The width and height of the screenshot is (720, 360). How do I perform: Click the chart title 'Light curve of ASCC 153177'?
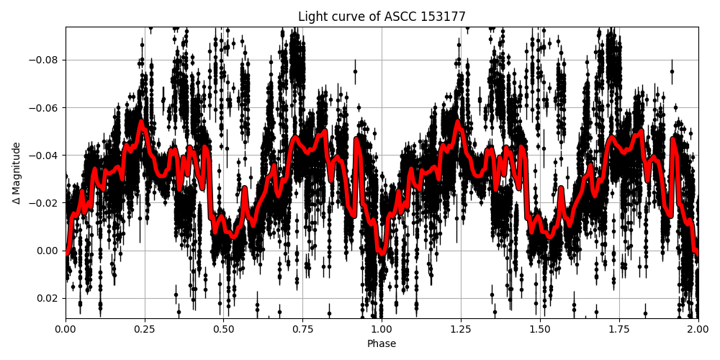(x=382, y=17)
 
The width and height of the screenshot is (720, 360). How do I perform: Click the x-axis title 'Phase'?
(x=382, y=344)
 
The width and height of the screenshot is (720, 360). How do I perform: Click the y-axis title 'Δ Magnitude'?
(x=16, y=173)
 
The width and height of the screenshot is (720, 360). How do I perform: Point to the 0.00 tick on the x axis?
(x=66, y=330)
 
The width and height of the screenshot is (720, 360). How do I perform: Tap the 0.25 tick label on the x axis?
(x=145, y=330)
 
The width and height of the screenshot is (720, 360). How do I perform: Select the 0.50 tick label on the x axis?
(x=224, y=330)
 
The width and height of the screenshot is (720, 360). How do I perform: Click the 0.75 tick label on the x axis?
(x=302, y=330)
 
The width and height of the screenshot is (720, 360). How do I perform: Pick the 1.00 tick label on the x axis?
(x=382, y=330)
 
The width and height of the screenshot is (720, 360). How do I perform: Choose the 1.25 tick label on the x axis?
(x=461, y=330)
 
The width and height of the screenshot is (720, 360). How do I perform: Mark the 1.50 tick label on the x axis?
(x=540, y=330)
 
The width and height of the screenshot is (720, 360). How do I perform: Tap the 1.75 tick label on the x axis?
(x=619, y=330)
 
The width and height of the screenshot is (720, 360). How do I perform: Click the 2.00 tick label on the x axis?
(x=698, y=330)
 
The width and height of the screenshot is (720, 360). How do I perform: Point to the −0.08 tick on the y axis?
(x=45, y=60)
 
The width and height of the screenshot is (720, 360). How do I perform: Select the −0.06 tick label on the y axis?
(x=45, y=108)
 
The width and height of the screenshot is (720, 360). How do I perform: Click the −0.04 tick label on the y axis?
(x=45, y=156)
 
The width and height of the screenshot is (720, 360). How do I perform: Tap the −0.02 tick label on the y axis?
(x=45, y=203)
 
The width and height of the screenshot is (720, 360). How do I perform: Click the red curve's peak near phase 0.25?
(x=141, y=122)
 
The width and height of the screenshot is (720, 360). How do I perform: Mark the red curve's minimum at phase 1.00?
(x=382, y=253)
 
